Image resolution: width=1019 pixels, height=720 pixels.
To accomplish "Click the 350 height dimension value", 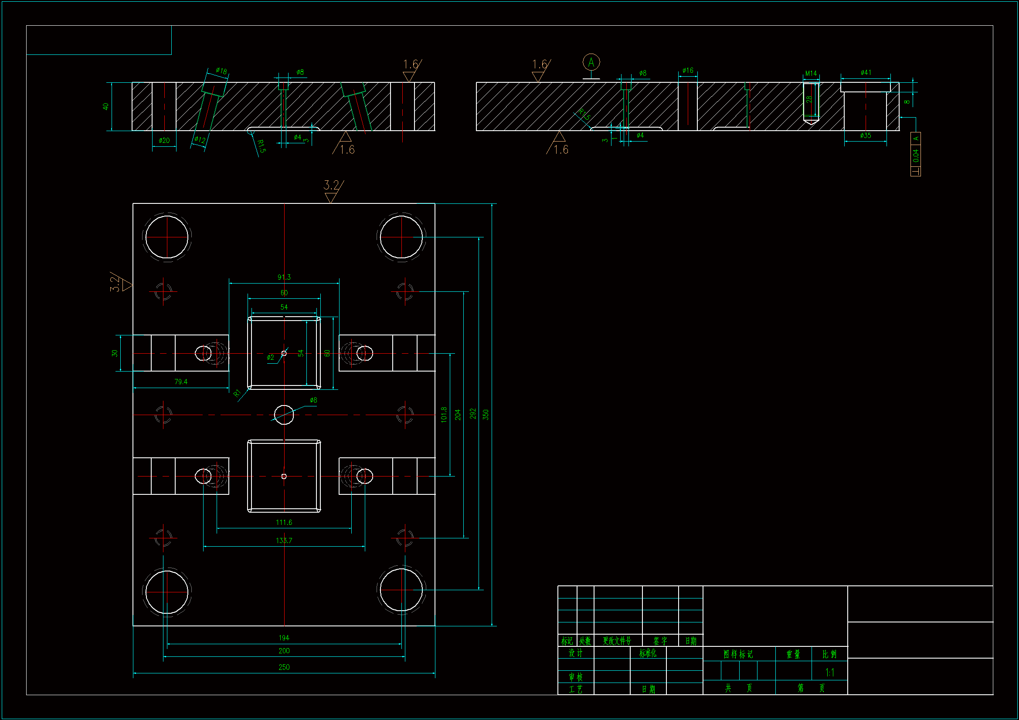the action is (x=486, y=414).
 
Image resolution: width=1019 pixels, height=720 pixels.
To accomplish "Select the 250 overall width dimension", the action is (x=284, y=667).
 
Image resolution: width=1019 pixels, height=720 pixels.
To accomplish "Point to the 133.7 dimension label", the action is (x=284, y=541).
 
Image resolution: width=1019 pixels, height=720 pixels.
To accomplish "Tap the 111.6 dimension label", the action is (x=284, y=522).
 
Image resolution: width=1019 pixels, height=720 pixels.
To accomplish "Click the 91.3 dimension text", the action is (x=284, y=277).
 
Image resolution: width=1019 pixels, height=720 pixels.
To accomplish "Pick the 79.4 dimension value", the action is (x=180, y=382).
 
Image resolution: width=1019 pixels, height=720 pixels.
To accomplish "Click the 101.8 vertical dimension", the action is (x=444, y=414).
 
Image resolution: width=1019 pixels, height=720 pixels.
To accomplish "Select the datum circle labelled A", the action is (x=591, y=63).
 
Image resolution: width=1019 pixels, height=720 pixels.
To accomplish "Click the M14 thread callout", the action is (x=810, y=73).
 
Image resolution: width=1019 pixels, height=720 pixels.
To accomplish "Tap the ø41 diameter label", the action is (x=866, y=72).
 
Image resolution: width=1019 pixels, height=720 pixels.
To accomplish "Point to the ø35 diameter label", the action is (x=865, y=135).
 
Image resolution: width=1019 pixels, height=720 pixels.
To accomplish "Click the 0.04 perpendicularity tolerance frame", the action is (x=915, y=154).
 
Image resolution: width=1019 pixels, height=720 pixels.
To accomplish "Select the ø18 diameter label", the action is (x=221, y=71).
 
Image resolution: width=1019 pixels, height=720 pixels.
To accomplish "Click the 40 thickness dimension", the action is (x=105, y=106).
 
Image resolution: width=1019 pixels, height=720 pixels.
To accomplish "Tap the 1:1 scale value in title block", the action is (x=829, y=673).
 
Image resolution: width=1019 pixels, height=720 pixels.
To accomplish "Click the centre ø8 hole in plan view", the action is (x=284, y=415).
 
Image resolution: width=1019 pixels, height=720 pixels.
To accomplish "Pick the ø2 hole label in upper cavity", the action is (x=270, y=357).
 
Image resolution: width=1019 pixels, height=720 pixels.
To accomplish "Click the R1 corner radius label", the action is (x=237, y=393).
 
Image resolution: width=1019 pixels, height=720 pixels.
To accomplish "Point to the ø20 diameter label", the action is (x=164, y=140).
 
